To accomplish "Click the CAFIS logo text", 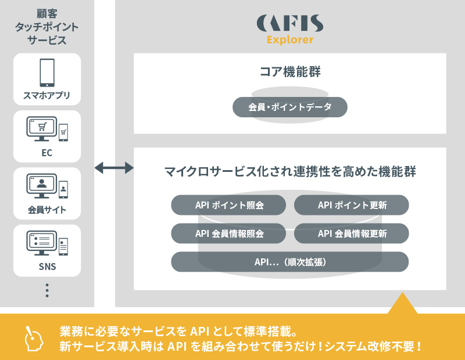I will pyautogui.click(x=290, y=24).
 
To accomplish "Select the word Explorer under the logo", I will pyautogui.click(x=290, y=40).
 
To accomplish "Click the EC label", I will pyautogui.click(x=47, y=154).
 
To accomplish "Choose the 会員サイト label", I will pyautogui.click(x=47, y=210).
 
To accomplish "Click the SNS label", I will pyautogui.click(x=47, y=267).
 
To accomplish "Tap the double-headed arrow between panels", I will pyautogui.click(x=114, y=168).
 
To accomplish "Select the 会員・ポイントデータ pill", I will pyautogui.click(x=289, y=107).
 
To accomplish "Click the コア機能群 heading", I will pyautogui.click(x=289, y=73).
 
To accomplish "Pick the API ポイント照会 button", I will pyautogui.click(x=228, y=205).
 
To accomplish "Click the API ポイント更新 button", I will pyautogui.click(x=352, y=205).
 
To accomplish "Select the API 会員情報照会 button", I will pyautogui.click(x=228, y=233).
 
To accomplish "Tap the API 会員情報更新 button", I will pyautogui.click(x=352, y=233).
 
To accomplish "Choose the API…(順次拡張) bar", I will pyautogui.click(x=289, y=262).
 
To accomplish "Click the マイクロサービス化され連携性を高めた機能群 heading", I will pyautogui.click(x=289, y=172).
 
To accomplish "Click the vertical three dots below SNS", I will pyautogui.click(x=47, y=290).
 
